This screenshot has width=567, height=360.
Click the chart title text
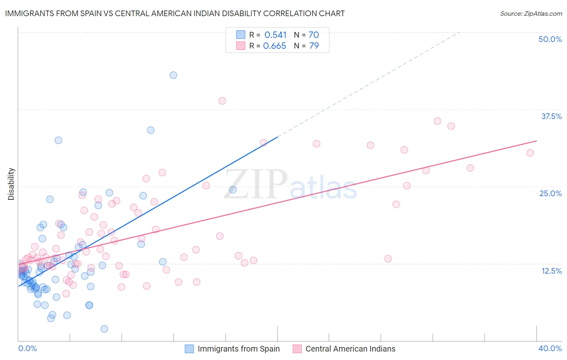(x=175, y=13)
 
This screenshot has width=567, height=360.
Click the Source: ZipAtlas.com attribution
(x=531, y=13)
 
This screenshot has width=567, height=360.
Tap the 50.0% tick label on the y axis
(x=550, y=39)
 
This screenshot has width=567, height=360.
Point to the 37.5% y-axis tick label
(x=551, y=116)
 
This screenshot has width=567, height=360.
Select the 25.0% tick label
(x=550, y=193)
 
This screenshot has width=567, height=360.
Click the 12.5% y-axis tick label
(x=551, y=271)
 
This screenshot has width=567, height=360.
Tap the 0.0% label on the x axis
(x=27, y=348)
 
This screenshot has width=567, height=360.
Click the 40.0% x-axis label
(x=550, y=348)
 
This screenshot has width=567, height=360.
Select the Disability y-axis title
(x=11, y=184)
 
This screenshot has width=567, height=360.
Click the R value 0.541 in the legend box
(x=275, y=35)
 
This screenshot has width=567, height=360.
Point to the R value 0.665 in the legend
(x=275, y=46)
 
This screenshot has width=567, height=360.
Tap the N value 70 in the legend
(x=314, y=35)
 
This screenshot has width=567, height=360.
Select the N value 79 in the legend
(x=314, y=46)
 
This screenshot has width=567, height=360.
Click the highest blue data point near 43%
(x=173, y=75)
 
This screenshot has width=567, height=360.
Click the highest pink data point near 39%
(x=222, y=101)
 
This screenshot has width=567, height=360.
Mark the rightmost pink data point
(x=530, y=153)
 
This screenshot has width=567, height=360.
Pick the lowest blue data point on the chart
(x=104, y=329)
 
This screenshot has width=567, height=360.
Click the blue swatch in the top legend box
(x=241, y=35)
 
